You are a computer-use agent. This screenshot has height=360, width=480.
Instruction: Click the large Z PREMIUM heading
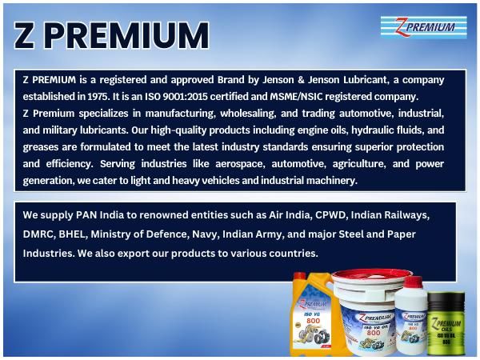coord(113,36)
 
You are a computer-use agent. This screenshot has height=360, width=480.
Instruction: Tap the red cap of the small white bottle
coord(413,282)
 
